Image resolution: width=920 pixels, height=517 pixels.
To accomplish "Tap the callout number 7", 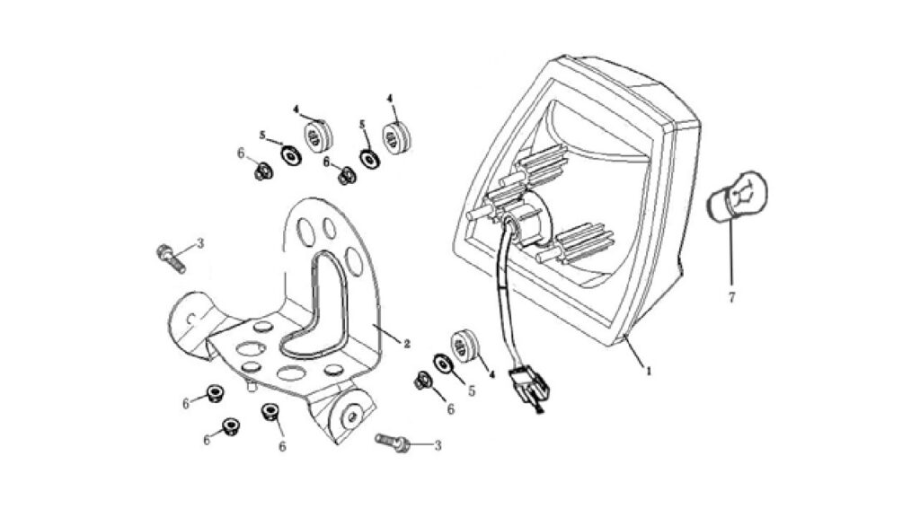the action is click(731, 298).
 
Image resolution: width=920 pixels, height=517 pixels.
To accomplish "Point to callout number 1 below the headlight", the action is click(649, 371).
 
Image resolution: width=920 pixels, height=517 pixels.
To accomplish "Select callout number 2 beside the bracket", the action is click(407, 344).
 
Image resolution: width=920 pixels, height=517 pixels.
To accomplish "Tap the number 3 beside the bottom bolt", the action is click(438, 446).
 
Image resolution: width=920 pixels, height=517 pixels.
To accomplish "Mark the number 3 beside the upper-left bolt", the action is click(200, 242).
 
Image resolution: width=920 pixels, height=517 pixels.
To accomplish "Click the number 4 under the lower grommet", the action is click(491, 374).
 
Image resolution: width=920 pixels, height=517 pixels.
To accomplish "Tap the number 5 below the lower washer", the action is click(471, 390).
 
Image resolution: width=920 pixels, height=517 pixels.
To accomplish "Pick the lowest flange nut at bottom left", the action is click(230, 426).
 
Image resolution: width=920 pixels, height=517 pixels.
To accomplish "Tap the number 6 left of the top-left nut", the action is click(241, 153).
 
